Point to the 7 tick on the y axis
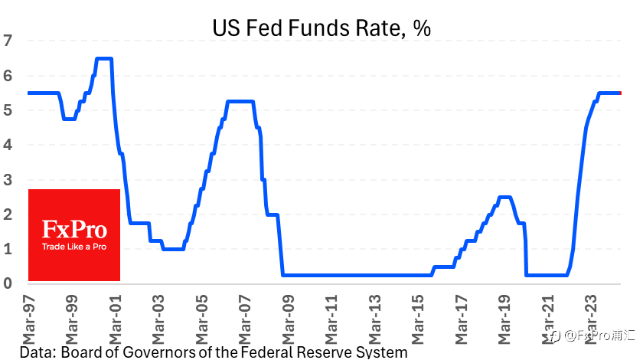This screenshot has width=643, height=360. (x=8, y=41)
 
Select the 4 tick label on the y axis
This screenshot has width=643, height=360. (x=8, y=145)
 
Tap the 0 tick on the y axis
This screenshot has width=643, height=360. (x=8, y=283)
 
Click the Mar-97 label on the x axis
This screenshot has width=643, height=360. (x=29, y=319)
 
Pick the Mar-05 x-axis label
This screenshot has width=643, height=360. (x=202, y=319)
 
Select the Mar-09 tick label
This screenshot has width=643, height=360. (x=289, y=319)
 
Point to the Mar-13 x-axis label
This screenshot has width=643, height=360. (x=375, y=319)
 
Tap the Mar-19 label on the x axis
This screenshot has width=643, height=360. (x=504, y=319)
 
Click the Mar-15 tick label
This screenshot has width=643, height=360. (x=418, y=319)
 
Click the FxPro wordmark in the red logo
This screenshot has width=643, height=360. (x=74, y=230)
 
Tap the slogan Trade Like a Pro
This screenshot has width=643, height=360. (x=74, y=247)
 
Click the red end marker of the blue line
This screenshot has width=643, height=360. (x=620, y=93)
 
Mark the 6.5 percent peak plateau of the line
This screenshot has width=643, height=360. (x=104, y=59)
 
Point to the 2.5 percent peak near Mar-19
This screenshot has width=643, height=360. (x=504, y=198)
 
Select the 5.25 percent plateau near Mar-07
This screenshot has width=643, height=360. (x=240, y=101)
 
